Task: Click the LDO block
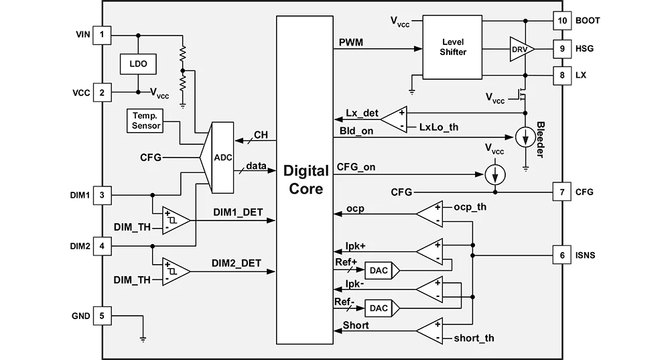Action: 138,64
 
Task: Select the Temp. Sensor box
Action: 145,121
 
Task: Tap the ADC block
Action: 218,158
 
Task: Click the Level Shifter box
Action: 452,47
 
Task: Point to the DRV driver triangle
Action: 521,49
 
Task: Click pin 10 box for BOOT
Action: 562,21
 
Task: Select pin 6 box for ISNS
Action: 562,255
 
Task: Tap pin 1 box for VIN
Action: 102,35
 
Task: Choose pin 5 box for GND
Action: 102,316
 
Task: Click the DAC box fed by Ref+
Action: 382,271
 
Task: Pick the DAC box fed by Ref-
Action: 382,308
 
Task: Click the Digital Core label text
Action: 306,180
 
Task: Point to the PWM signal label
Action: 351,42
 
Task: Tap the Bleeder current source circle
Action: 525,137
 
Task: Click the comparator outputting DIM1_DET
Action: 176,221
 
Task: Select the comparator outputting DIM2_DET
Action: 176,272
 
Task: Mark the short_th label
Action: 474,338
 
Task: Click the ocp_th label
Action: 470,207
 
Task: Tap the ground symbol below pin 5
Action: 143,339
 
